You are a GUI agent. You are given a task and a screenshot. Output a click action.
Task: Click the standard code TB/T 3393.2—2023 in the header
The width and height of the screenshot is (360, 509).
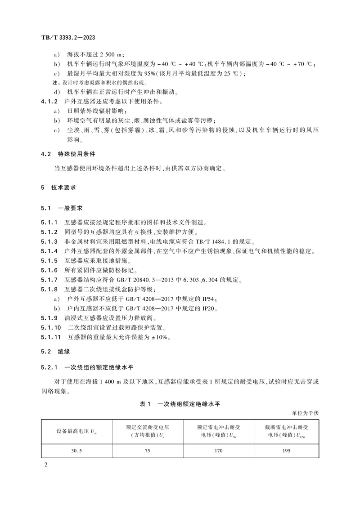pos(66,39)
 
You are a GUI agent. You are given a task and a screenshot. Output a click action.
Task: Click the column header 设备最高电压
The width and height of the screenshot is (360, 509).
pos(74,431)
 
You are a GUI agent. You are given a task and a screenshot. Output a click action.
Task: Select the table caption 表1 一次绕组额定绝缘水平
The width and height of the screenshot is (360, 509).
pos(180,404)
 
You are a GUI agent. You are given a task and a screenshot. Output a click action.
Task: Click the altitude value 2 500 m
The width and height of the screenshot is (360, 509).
pos(111,54)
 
